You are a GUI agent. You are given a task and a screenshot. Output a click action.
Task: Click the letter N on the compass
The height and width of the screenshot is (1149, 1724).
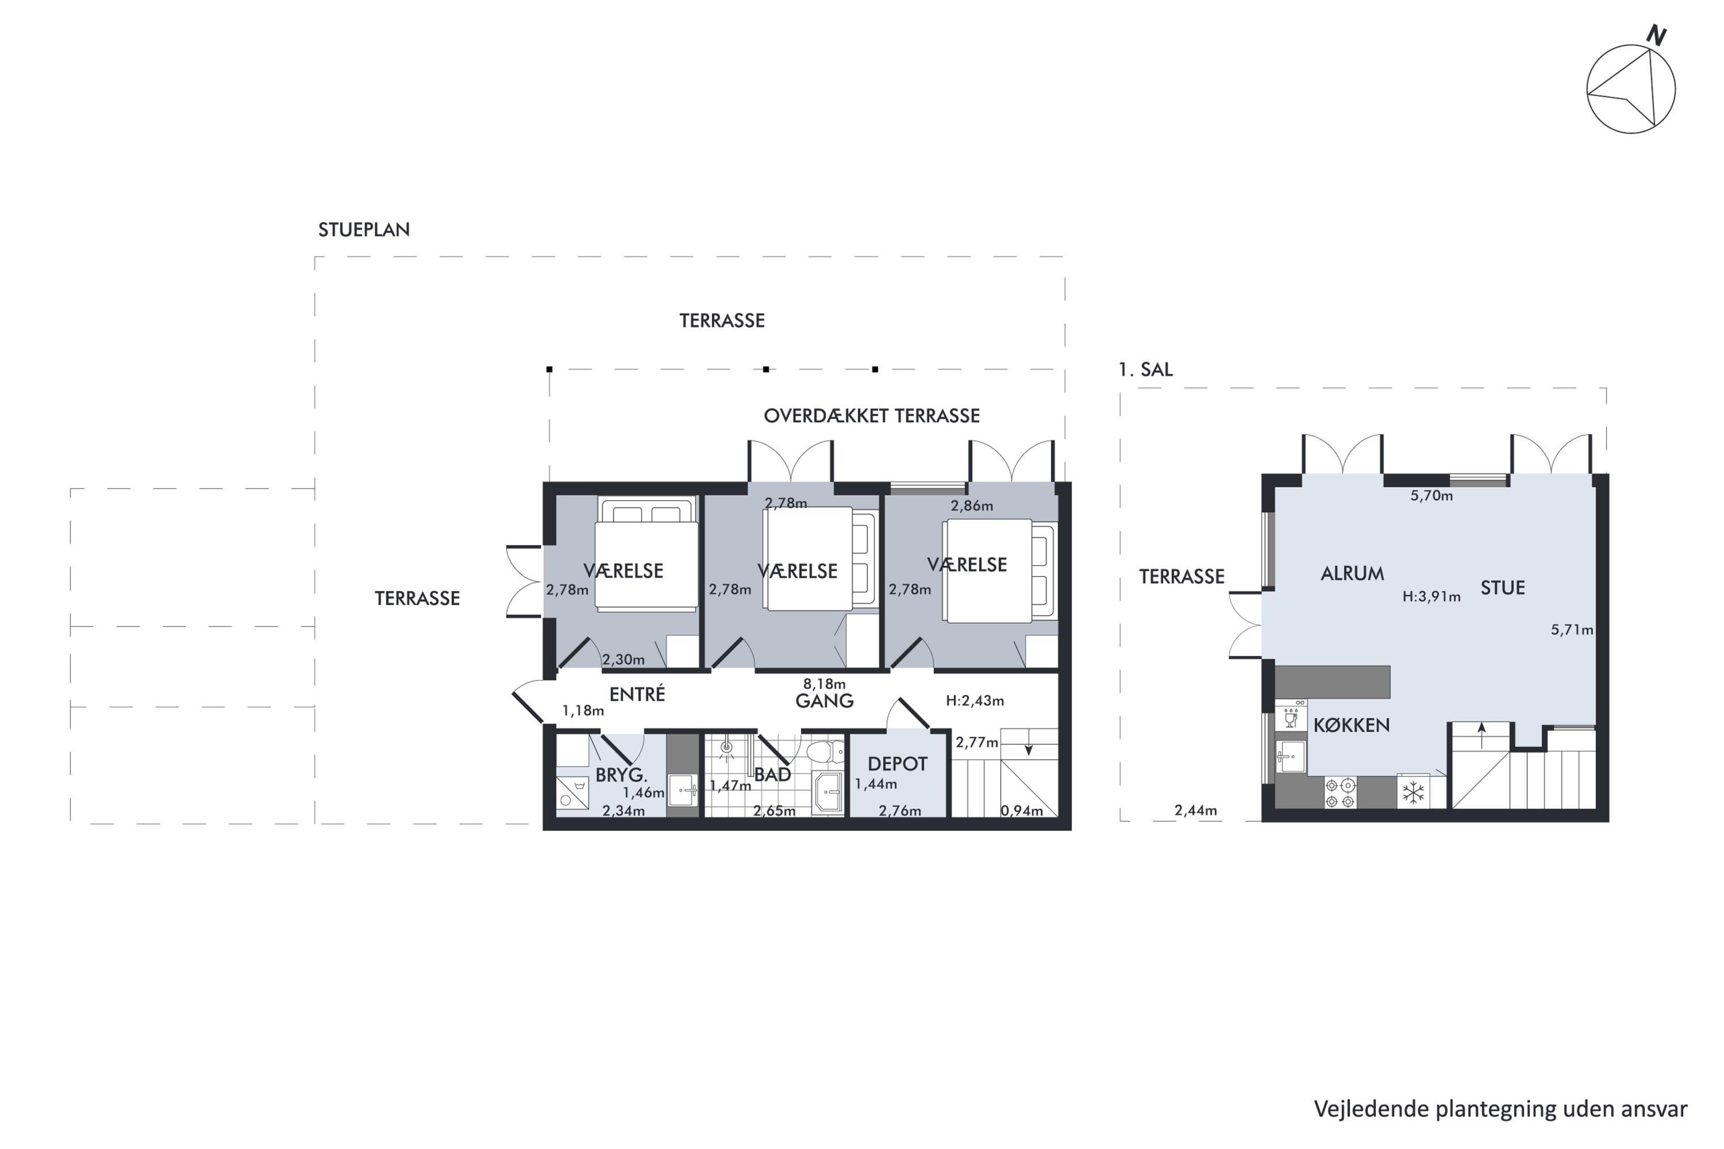pos(1656,34)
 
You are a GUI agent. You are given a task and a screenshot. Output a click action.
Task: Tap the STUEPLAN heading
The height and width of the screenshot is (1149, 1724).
pos(364,229)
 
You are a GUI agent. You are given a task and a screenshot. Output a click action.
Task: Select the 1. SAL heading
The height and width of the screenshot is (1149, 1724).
pos(1145,369)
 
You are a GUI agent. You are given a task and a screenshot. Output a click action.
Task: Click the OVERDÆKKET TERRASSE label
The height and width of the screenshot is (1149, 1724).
pos(872,415)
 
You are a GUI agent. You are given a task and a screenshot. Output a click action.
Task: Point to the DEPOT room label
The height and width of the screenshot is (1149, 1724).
pos(897,764)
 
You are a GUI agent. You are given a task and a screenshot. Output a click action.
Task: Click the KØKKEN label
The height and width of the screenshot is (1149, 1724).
pos(1351,726)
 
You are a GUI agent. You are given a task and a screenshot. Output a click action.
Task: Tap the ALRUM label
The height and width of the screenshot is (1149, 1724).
pos(1352,573)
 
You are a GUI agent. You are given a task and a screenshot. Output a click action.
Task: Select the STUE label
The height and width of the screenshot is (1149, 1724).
pos(1503,588)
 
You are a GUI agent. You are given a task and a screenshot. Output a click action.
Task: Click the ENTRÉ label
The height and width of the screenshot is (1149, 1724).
pos(637,693)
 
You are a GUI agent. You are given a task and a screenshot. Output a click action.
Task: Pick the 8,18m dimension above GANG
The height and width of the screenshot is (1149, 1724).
pos(824,684)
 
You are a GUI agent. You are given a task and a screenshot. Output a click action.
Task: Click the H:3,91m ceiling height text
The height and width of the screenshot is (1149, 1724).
pos(1431,596)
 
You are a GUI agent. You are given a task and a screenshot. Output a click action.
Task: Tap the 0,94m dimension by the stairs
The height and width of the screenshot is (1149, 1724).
pos(1021,811)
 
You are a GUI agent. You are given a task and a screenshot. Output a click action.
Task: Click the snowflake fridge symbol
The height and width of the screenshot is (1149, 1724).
pos(1413,792)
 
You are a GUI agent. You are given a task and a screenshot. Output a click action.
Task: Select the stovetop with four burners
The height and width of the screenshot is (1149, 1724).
pos(1340,793)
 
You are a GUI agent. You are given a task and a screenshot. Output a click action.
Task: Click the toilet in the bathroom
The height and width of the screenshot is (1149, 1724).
pos(825,752)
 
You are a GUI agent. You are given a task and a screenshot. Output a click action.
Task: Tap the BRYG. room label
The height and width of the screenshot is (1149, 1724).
pos(621,774)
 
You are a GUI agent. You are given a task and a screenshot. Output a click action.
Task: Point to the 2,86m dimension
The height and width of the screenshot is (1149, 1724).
pos(971,506)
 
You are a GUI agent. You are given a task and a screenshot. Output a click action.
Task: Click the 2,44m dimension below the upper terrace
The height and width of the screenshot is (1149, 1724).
pos(1195,811)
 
